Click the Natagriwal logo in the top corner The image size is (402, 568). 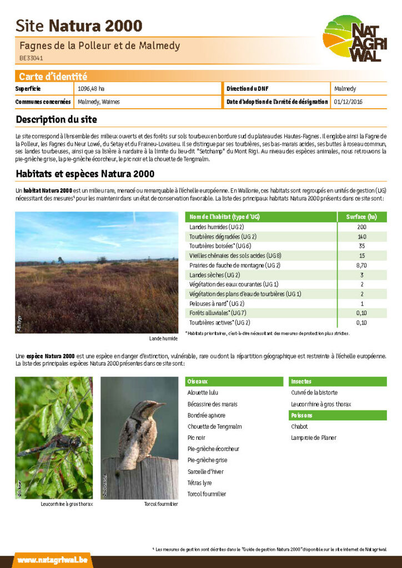point(355,38)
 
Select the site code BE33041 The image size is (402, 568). point(31,58)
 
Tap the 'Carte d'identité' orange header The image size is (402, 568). point(53,77)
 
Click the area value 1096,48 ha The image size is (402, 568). point(91,89)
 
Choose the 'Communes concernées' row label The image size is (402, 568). point(43,102)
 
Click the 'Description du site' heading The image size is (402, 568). point(56,119)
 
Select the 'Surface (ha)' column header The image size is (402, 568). point(361,217)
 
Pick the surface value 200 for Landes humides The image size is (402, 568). point(361,227)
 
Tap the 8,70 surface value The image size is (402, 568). point(361,265)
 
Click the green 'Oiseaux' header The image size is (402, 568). point(198,382)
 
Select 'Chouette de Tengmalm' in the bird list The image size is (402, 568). point(215,427)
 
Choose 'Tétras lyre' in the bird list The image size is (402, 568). point(200,483)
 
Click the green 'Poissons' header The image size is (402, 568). point(302,415)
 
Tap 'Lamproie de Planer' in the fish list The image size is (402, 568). point(314,438)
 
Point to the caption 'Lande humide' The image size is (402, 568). point(163,338)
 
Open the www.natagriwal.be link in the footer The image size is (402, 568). point(52,560)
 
